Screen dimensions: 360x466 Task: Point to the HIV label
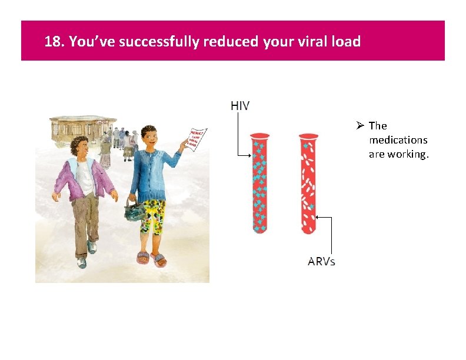click(x=240, y=106)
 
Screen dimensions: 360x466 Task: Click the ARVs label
click(x=321, y=261)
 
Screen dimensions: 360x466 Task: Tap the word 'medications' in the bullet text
click(x=398, y=140)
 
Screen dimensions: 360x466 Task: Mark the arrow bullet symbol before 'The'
click(x=361, y=126)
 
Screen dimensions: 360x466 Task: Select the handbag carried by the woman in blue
click(x=134, y=208)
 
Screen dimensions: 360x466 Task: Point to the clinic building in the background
click(x=76, y=126)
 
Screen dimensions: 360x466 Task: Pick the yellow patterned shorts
click(x=152, y=215)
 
